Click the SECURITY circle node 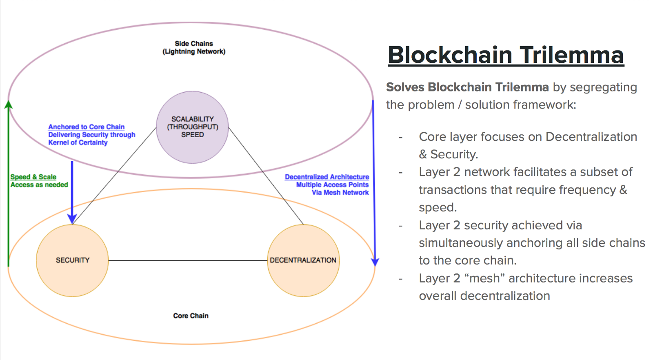point(72,260)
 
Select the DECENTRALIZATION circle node point(303,260)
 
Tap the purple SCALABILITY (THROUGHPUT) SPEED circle point(192,127)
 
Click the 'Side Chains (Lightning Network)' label point(194,47)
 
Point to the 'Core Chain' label point(191,316)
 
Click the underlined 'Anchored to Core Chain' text point(86,127)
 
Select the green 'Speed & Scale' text point(33,177)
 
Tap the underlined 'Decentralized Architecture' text point(327,177)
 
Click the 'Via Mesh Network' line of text point(340,192)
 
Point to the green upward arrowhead point(8,104)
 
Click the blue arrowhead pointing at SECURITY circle point(72,219)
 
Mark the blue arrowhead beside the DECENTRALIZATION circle point(375,261)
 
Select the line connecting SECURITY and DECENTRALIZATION point(188,260)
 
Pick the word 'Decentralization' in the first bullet point(591,137)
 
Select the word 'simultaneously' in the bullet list point(461,243)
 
